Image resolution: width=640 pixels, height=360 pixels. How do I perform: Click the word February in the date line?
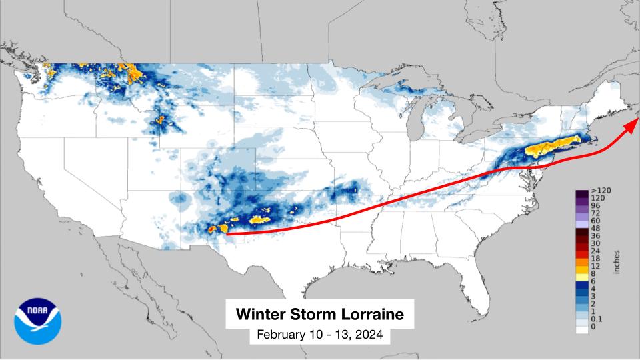click(282, 335)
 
